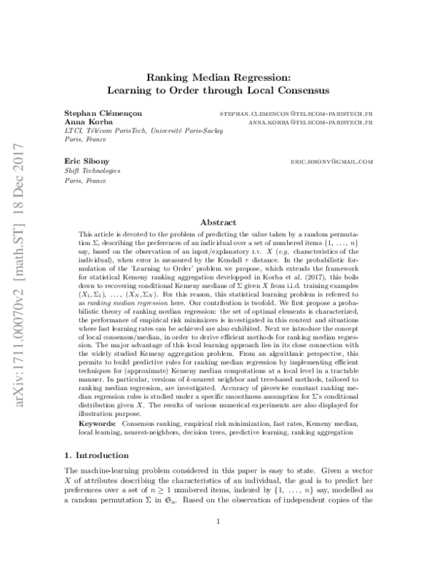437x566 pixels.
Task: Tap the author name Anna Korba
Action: coord(81,123)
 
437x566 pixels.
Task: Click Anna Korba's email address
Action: coord(310,123)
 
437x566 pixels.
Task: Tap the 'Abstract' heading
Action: coord(219,222)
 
